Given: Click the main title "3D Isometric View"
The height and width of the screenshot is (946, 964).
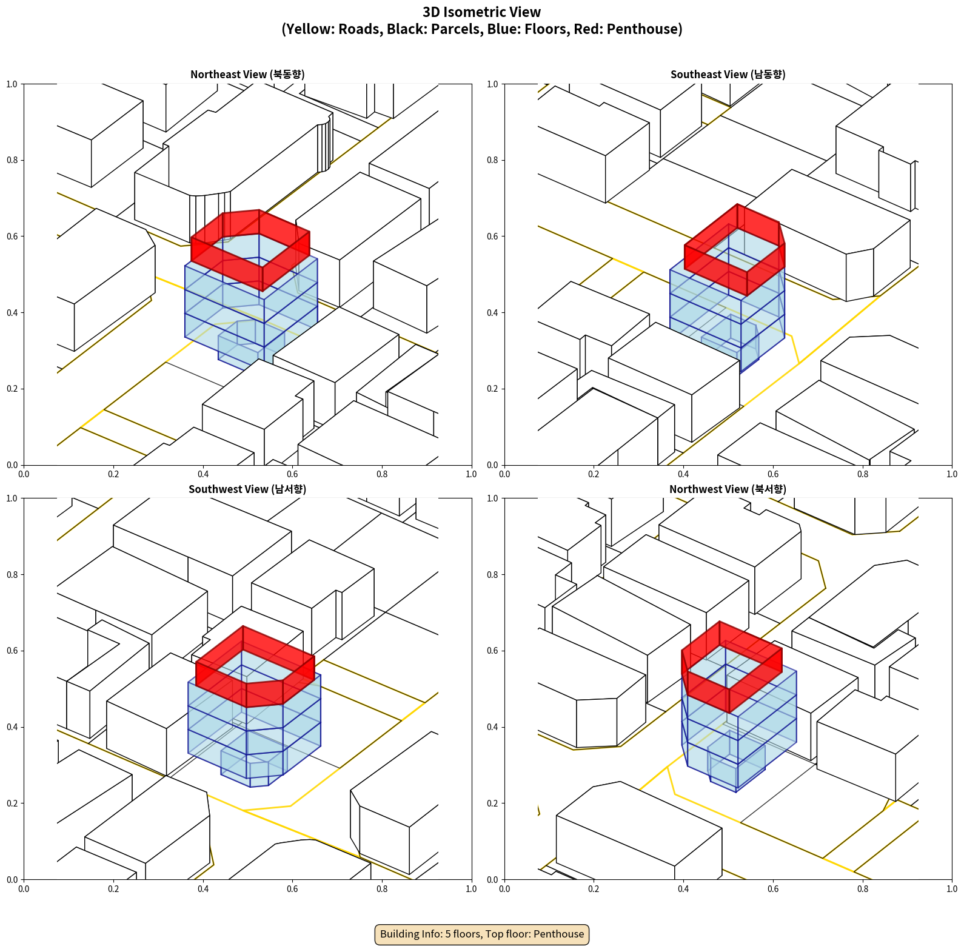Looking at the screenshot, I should click(481, 12).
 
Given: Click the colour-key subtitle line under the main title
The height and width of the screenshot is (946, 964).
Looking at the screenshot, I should click(481, 29).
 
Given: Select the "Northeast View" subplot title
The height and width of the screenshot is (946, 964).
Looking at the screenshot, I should click(247, 75).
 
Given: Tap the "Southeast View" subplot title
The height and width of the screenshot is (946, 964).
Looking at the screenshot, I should click(728, 75).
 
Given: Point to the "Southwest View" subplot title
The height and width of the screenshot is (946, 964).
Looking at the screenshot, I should click(247, 489).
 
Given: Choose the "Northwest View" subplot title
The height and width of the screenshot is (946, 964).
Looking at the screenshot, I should click(728, 489).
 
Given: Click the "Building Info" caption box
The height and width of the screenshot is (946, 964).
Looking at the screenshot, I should click(481, 934).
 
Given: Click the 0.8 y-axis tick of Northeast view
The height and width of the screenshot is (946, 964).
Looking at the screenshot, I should click(12, 160).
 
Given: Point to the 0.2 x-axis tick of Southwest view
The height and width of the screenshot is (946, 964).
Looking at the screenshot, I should click(113, 889).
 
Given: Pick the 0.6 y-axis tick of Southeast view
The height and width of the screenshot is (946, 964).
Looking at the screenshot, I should click(492, 236).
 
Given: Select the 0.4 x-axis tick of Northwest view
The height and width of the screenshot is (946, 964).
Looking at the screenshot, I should click(683, 889).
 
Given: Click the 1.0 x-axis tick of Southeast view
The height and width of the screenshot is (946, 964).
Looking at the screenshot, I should click(952, 474).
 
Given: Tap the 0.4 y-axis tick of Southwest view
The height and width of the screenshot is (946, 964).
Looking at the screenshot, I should click(12, 727).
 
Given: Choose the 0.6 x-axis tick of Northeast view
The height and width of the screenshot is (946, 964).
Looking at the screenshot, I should click(292, 474).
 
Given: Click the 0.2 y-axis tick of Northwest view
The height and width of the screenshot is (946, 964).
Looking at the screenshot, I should click(492, 803).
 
